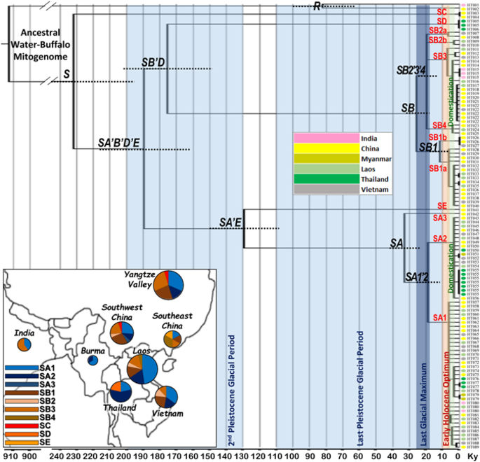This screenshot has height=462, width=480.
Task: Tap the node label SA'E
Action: pyautogui.click(x=231, y=223)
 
